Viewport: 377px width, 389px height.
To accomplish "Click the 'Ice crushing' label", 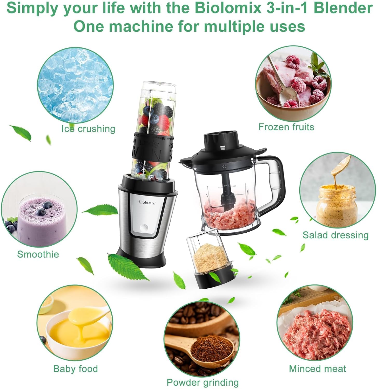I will click(x=88, y=129).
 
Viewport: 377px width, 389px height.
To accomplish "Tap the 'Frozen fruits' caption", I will click(x=286, y=127).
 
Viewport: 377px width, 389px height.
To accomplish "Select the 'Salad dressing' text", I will click(x=335, y=235).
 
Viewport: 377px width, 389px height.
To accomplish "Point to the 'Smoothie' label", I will click(x=38, y=254).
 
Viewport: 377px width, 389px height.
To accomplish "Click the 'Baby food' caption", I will click(x=76, y=369).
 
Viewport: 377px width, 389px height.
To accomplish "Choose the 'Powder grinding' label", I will click(x=203, y=382).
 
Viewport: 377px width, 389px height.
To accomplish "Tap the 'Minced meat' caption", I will click(x=318, y=369).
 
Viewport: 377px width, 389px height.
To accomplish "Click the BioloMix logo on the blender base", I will click(x=147, y=203).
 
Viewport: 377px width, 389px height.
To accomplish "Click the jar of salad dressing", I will click(x=337, y=205).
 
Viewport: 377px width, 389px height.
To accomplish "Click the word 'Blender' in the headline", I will click(x=343, y=8).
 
